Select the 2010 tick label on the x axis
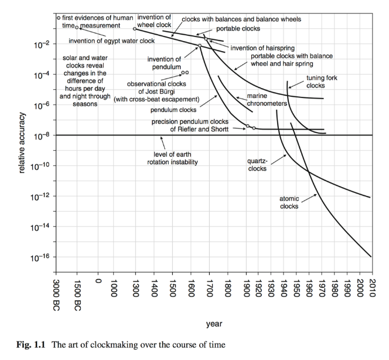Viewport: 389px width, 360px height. pyautogui.click(x=371, y=287)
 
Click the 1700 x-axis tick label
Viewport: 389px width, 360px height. pyautogui.click(x=210, y=287)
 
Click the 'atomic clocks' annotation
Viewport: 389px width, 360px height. pyautogui.click(x=289, y=202)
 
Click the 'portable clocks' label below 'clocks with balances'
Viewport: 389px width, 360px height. pyautogui.click(x=238, y=28)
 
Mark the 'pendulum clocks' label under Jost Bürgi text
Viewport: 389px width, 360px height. pyautogui.click(x=173, y=110)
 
